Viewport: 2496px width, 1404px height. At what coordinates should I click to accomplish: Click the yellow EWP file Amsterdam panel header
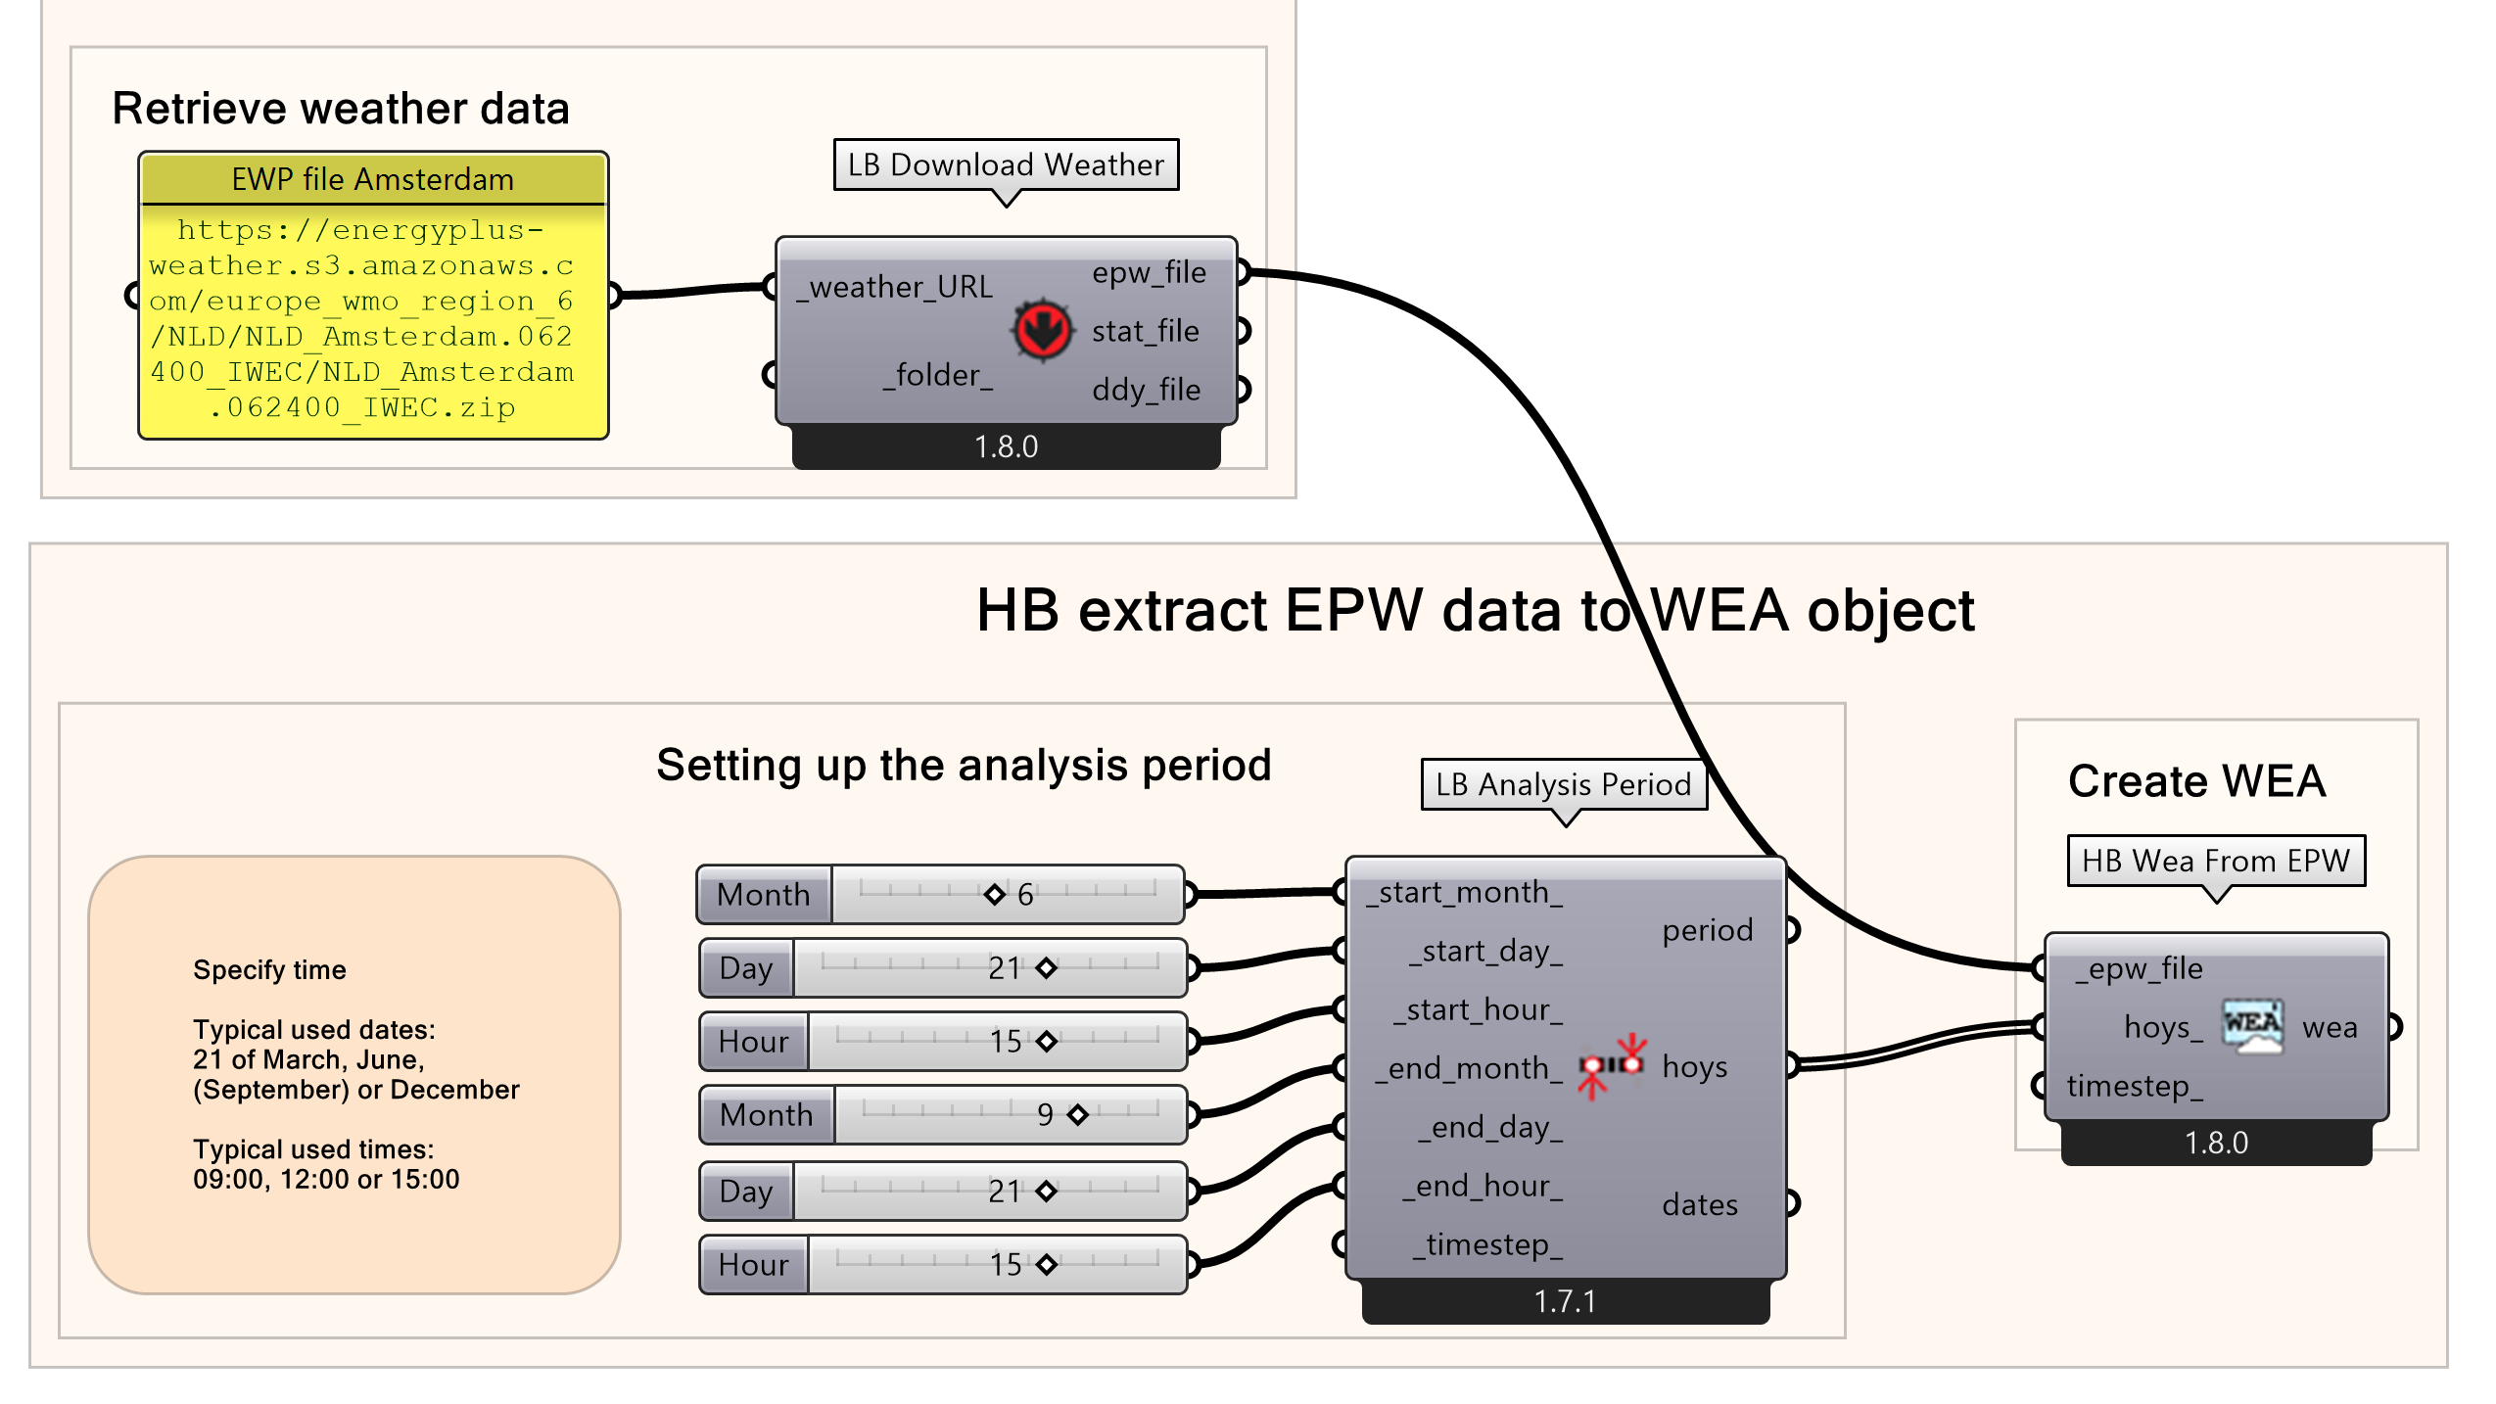pos(373,179)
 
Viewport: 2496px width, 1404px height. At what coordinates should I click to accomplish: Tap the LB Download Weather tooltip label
pos(1006,164)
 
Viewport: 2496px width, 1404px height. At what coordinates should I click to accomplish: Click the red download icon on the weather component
pos(1041,329)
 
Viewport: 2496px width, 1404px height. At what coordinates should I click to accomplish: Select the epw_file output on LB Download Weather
pos(1149,272)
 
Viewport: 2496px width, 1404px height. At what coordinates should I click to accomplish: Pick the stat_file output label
pos(1146,331)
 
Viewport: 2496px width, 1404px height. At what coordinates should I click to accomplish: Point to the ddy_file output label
pos(1146,390)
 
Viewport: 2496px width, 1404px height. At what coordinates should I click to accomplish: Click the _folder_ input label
pos(938,375)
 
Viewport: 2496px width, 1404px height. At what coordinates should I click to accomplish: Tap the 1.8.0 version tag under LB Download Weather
pos(1006,446)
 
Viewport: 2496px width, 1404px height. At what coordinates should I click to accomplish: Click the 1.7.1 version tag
pos(1565,1301)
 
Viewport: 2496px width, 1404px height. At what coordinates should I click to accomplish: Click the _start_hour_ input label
pos(1479,1009)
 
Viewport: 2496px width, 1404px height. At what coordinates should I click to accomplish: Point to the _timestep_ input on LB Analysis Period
pos(1486,1244)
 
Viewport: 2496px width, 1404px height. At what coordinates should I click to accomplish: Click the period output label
pos(1707,930)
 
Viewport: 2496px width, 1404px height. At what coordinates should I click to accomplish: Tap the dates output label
pos(1700,1204)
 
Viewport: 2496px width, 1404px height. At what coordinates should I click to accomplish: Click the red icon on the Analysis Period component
pos(1612,1065)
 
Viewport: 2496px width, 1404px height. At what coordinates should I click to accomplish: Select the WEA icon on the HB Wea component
pos(2252,1025)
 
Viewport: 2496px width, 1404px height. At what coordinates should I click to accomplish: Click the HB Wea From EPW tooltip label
pos(2215,861)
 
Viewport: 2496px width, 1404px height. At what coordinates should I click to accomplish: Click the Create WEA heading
pos(2196,781)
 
